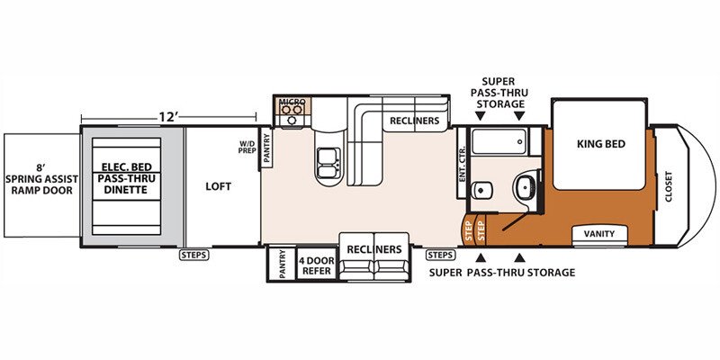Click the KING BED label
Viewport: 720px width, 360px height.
(601, 144)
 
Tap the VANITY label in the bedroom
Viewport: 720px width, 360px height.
(599, 234)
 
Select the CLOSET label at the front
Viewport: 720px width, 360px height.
(668, 187)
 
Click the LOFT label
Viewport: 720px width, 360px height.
(219, 186)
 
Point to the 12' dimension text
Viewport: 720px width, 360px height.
(168, 117)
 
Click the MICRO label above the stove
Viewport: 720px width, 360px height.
(292, 102)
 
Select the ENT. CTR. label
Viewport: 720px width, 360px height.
(462, 164)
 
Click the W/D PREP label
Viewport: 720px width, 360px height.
(247, 147)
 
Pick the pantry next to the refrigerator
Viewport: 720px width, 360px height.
(282, 264)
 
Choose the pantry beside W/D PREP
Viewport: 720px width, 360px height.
(266, 148)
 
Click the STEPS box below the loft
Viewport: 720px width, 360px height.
(193, 255)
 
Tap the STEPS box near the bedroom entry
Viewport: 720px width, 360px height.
(440, 255)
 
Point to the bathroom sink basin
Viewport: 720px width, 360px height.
(526, 186)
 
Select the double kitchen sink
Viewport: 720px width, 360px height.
(329, 163)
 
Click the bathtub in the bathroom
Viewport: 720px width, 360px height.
(499, 141)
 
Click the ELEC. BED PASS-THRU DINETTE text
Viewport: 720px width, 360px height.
(126, 178)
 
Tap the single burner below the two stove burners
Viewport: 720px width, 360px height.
(292, 121)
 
